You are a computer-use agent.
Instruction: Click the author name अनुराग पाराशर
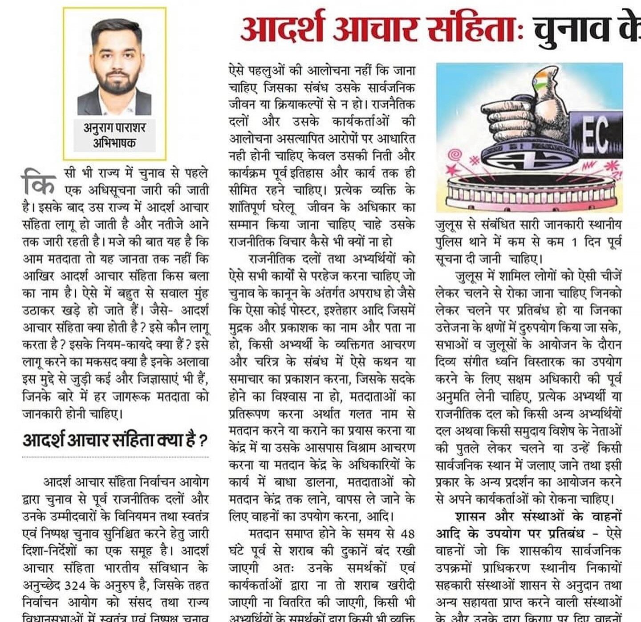pos(114,128)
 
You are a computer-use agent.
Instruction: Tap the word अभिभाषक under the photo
pos(114,143)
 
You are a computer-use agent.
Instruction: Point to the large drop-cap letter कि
pos(39,182)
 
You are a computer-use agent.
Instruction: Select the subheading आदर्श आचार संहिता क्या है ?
pos(114,440)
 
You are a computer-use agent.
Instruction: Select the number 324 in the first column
pos(74,586)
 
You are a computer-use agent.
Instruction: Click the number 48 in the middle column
pos(407,534)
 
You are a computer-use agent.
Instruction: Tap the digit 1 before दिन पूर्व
pos(574,242)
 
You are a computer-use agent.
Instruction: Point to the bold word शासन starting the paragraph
pos(471,517)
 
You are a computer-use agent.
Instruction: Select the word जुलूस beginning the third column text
pos(449,225)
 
